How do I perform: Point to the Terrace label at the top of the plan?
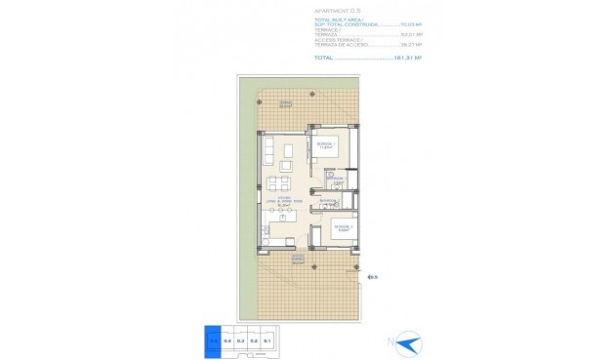click(286, 102)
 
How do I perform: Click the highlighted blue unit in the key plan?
click(213, 340)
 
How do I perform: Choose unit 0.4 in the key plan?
click(226, 340)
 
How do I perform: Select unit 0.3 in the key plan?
click(239, 340)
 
